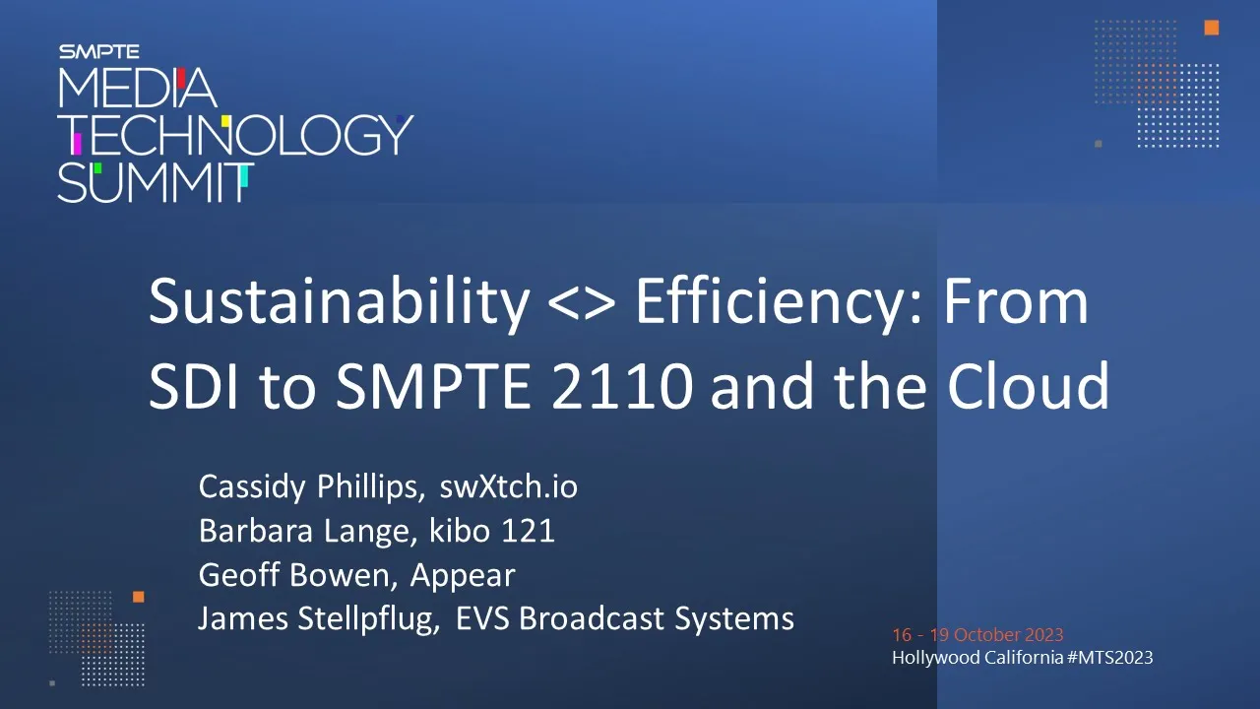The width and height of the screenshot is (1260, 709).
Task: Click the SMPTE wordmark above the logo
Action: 99,52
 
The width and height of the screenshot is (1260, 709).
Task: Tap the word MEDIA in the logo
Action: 137,88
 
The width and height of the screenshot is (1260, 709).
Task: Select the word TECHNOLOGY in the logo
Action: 236,135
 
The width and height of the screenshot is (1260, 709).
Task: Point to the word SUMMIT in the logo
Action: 156,183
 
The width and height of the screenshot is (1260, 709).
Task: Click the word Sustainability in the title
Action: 340,302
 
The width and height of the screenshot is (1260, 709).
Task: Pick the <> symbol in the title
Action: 582,304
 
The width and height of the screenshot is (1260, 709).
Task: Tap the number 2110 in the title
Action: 621,387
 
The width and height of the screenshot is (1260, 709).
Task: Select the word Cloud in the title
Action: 1029,385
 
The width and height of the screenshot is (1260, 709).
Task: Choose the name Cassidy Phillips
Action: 312,487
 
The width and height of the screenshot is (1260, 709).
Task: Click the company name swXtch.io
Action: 509,486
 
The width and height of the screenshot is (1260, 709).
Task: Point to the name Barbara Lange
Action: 308,531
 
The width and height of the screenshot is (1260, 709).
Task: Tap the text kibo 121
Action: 492,530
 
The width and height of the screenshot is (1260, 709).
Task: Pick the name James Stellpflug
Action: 319,619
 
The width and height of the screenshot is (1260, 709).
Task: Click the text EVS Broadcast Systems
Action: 625,618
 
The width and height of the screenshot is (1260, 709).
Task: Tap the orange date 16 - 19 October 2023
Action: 977,635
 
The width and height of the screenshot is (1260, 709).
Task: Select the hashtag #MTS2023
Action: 1109,657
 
